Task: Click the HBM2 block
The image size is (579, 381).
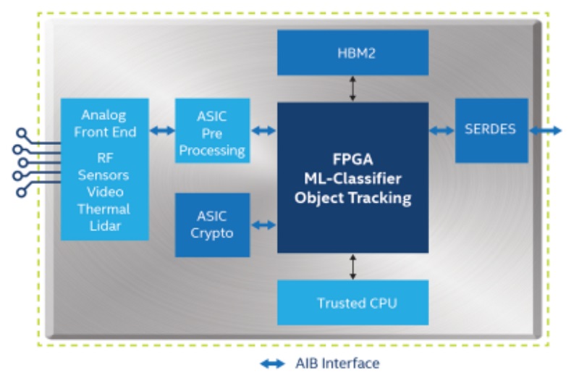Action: pyautogui.click(x=352, y=52)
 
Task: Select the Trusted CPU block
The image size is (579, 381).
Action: pyautogui.click(x=352, y=303)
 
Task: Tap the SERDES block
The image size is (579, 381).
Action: pyautogui.click(x=491, y=130)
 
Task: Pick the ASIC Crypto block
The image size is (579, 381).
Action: pyautogui.click(x=212, y=225)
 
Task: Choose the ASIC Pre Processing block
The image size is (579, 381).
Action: pyautogui.click(x=212, y=130)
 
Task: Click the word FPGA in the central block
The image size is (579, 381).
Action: pyautogui.click(x=352, y=159)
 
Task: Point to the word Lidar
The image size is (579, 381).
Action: pyautogui.click(x=105, y=226)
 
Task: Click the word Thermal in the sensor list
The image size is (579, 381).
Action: pyautogui.click(x=103, y=209)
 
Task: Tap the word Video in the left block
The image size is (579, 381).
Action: pyautogui.click(x=105, y=192)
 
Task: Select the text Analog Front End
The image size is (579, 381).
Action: pyautogui.click(x=105, y=123)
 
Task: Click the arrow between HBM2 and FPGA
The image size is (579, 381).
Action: pyautogui.click(x=352, y=88)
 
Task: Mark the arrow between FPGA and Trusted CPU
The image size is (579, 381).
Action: pyautogui.click(x=352, y=267)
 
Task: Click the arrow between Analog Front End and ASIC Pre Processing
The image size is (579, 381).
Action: pyautogui.click(x=162, y=130)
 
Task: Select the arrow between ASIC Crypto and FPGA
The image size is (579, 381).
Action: pyautogui.click(x=263, y=225)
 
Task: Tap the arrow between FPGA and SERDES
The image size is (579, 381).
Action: pyautogui.click(x=442, y=130)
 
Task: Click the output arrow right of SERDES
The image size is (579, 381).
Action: pyautogui.click(x=546, y=130)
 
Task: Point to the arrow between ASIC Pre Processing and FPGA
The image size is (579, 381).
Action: pyautogui.click(x=263, y=130)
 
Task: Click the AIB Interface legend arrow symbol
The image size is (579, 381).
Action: pyautogui.click(x=273, y=364)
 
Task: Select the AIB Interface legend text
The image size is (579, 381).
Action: pyautogui.click(x=337, y=364)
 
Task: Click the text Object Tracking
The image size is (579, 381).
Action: pyautogui.click(x=352, y=198)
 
